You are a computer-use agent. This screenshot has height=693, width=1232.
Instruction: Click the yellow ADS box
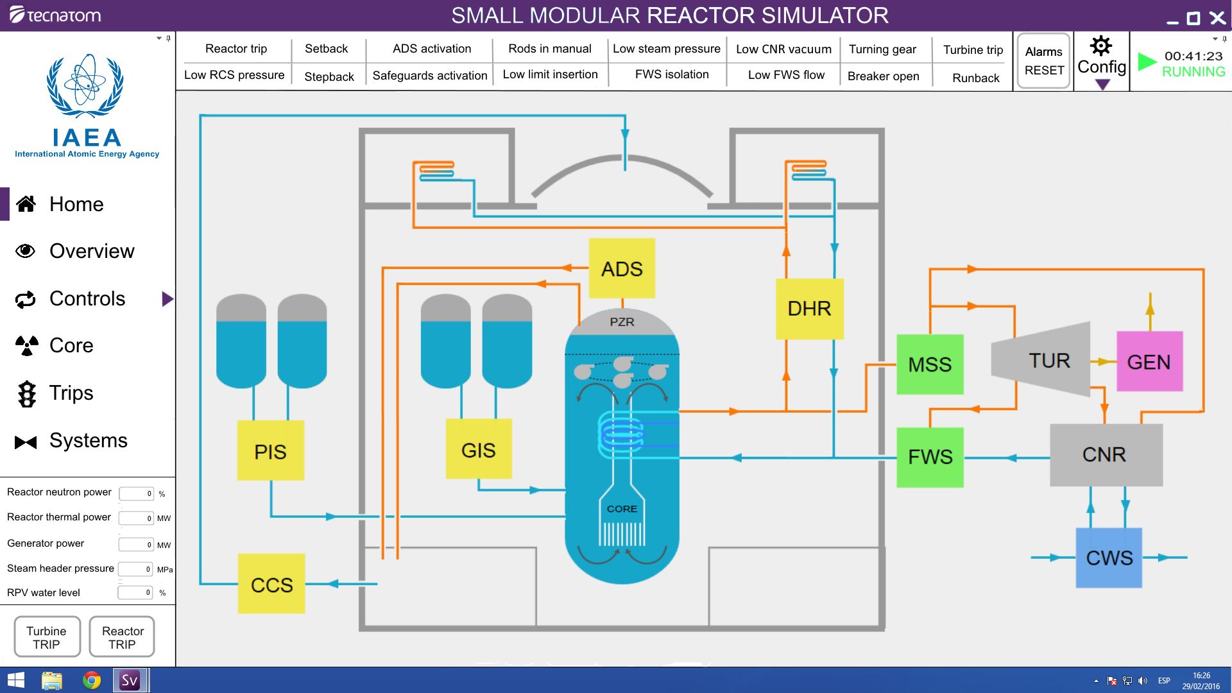(622, 268)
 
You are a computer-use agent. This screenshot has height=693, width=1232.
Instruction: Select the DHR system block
(809, 309)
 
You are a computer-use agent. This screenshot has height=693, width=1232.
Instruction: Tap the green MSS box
(930, 364)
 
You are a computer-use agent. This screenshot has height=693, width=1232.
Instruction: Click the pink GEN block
(1149, 362)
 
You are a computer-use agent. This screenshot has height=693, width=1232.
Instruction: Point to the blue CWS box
(1109, 558)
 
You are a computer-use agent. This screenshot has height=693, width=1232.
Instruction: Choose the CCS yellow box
(271, 584)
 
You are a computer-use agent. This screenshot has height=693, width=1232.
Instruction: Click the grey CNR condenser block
(1106, 454)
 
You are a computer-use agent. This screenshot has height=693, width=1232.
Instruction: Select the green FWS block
(930, 457)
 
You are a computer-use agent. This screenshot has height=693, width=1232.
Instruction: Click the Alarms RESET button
(1043, 61)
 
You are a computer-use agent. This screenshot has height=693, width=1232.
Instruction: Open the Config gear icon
(1101, 47)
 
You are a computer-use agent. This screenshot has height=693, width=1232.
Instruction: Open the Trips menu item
(71, 393)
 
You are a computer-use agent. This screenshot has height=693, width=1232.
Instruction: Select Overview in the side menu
(92, 251)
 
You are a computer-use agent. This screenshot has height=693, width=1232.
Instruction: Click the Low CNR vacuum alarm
(783, 49)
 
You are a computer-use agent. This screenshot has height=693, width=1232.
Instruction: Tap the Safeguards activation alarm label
(430, 76)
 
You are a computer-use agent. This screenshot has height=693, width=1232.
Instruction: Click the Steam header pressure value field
(136, 569)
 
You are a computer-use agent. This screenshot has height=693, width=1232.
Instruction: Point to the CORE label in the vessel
(622, 509)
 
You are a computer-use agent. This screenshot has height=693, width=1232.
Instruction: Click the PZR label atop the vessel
(622, 322)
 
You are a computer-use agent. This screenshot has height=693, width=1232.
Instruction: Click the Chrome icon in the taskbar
(92, 680)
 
